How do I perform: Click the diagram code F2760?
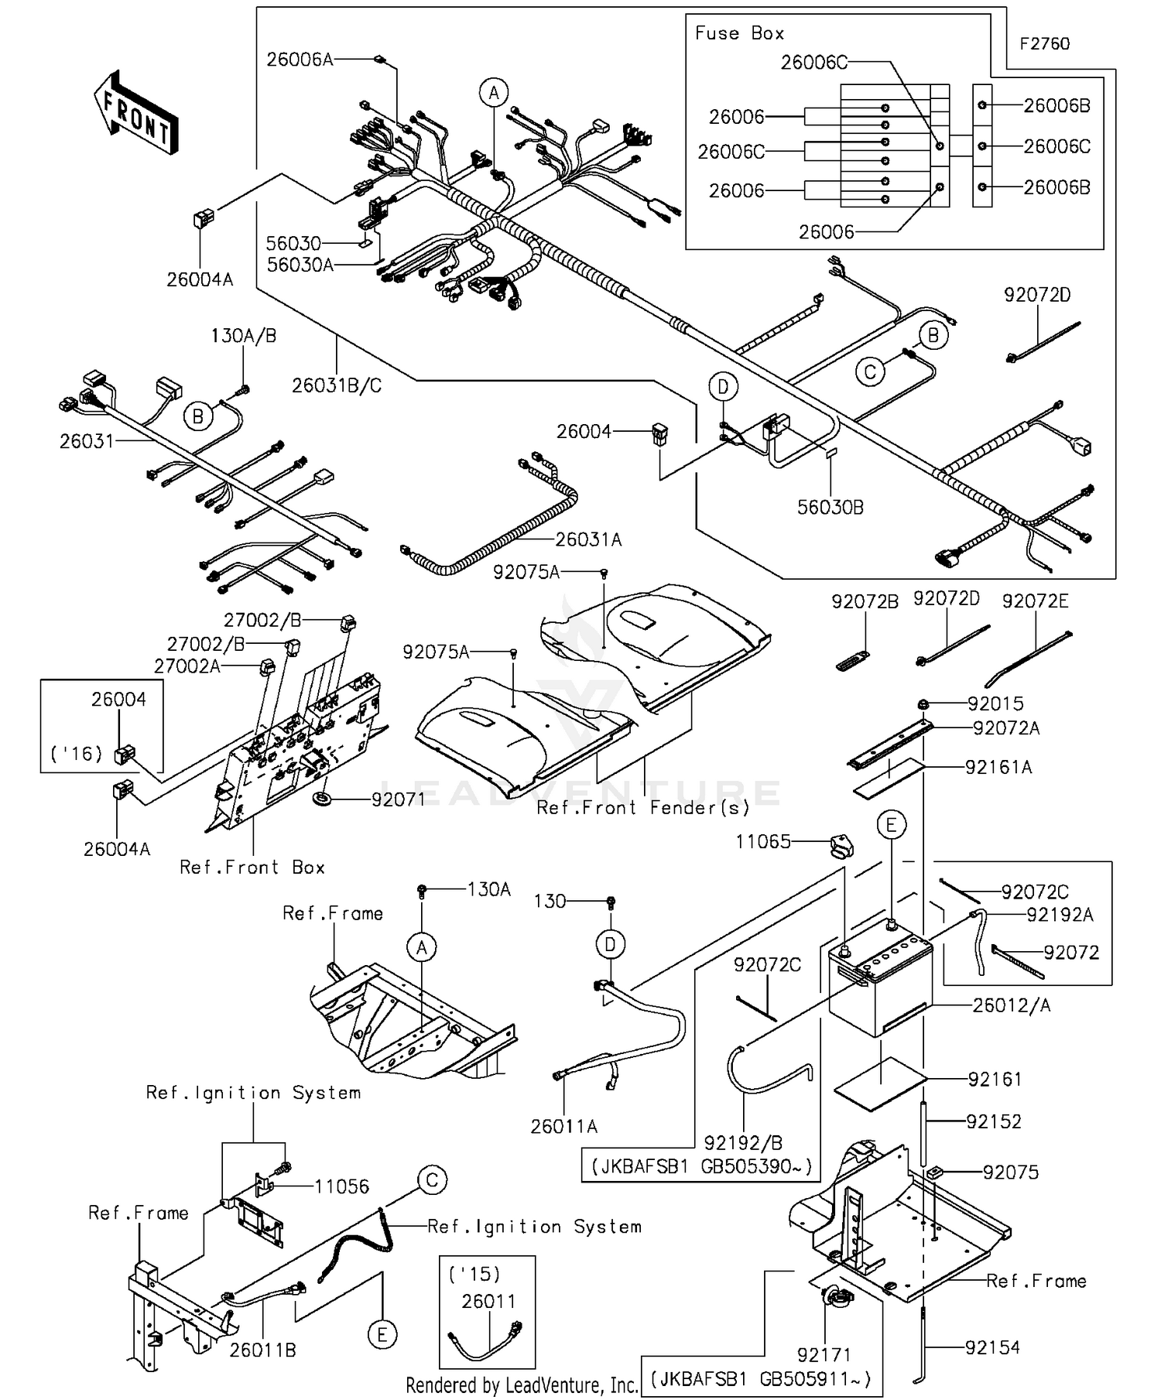point(1044,44)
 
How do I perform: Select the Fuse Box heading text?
point(739,33)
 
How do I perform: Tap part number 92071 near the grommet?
point(398,799)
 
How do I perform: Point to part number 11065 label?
point(762,841)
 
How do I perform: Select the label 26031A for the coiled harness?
point(588,539)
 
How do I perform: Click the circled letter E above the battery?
point(891,826)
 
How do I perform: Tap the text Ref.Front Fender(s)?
point(643,808)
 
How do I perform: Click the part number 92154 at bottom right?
point(992,1347)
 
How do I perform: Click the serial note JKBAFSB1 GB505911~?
point(762,1379)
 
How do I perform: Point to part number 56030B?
point(831,508)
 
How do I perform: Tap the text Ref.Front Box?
point(252,868)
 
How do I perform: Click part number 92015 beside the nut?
point(995,703)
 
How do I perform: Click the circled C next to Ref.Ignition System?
point(432,1180)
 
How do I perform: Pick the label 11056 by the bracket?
point(341,1186)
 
